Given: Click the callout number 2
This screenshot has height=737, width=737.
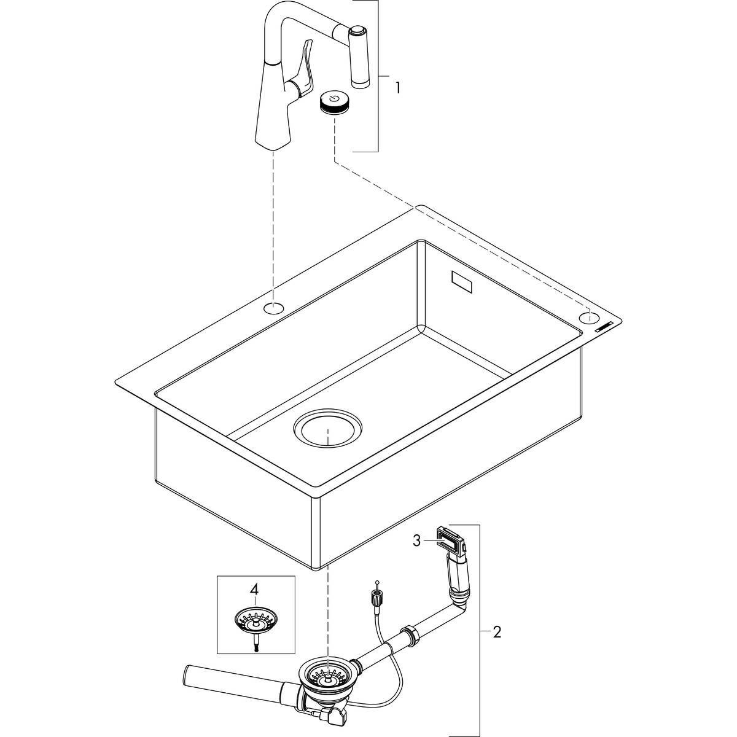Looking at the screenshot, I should pyautogui.click(x=496, y=633).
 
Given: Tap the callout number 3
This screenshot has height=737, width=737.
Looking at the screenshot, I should pyautogui.click(x=416, y=540).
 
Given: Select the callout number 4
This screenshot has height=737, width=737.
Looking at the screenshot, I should pyautogui.click(x=254, y=590).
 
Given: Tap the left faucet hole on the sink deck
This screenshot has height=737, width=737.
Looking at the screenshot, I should pyautogui.click(x=274, y=307).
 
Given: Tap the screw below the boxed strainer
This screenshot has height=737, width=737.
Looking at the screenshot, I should pyautogui.click(x=254, y=642).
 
